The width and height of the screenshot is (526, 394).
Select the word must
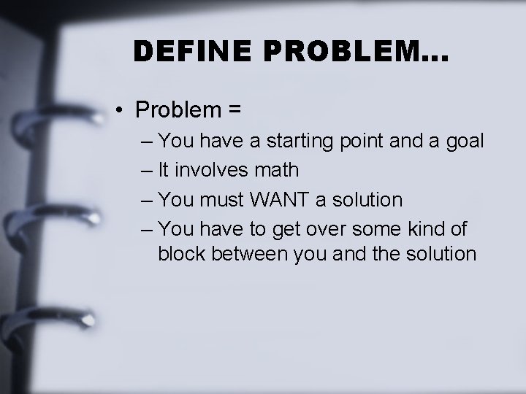click(223, 199)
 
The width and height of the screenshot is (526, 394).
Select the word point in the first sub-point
click(363, 140)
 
